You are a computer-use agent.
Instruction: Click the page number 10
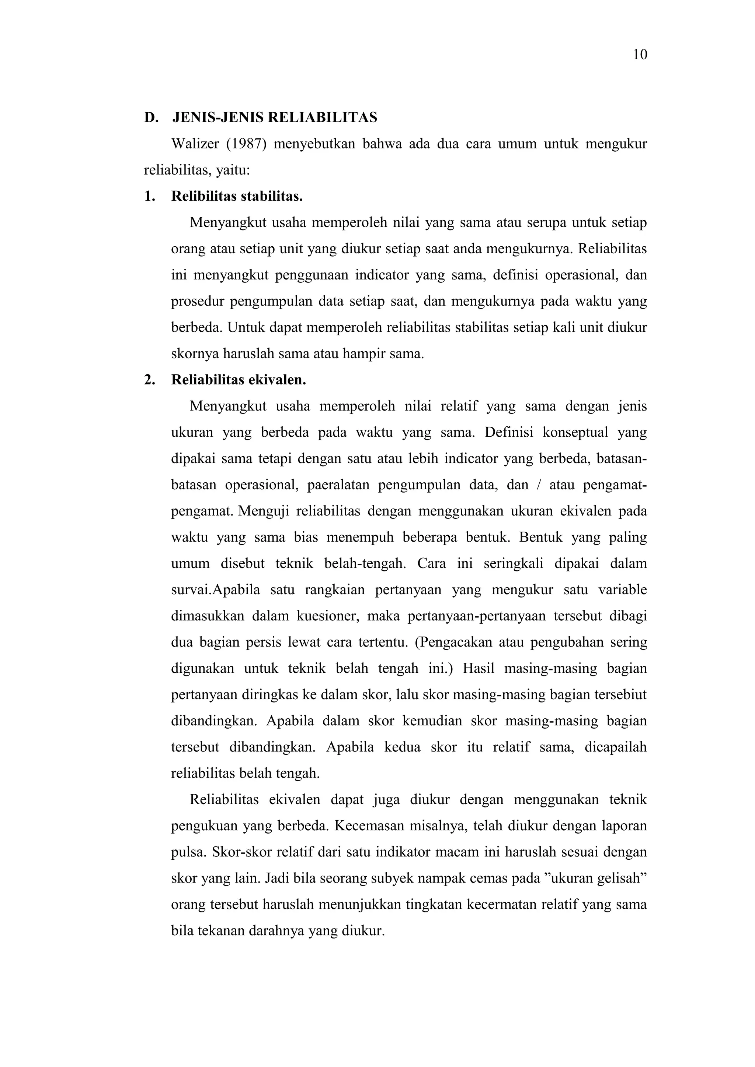pos(640,55)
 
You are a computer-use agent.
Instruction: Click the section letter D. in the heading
pos(151,117)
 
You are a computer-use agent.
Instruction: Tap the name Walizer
pos(195,144)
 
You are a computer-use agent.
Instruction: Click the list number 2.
pos(149,380)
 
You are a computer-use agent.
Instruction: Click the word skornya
pos(194,354)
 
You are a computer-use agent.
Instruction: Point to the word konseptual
pos(575,432)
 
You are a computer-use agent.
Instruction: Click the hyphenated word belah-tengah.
pos(365,563)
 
